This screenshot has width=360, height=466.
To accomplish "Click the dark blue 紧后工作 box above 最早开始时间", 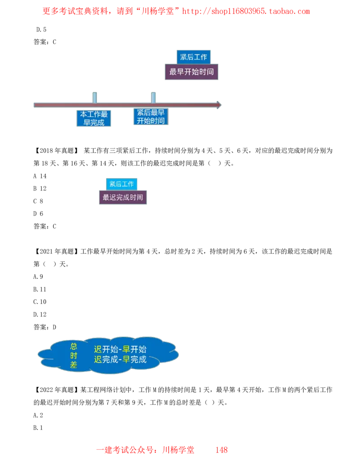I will point(193,57).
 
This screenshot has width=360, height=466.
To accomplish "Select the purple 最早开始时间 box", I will point(192,72).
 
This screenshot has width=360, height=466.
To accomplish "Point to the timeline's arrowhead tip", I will point(221,105).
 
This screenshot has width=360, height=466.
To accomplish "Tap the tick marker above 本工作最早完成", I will point(94,97).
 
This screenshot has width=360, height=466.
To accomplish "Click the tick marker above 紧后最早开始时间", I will point(153,97).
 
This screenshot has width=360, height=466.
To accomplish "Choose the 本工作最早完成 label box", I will point(94,118).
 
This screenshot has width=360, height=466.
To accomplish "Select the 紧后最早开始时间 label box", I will point(151,117).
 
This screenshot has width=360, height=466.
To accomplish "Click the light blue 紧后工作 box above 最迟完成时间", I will point(121,184).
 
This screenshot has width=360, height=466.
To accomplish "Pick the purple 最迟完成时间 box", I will point(122,197).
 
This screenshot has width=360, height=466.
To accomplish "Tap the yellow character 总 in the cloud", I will point(74,346).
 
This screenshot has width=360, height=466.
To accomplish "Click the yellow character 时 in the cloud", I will point(74,356).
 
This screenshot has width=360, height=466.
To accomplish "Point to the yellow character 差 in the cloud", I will point(74,365).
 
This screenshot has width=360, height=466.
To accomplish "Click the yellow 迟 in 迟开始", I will point(98,349).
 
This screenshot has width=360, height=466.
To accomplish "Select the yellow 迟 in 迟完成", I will point(98,360).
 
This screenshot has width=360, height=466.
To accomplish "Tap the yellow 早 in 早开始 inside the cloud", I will point(126,349).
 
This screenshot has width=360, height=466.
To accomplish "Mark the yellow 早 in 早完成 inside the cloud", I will point(126,360).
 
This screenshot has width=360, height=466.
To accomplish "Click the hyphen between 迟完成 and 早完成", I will point(120,360).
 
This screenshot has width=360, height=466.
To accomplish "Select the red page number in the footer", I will point(221,449).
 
